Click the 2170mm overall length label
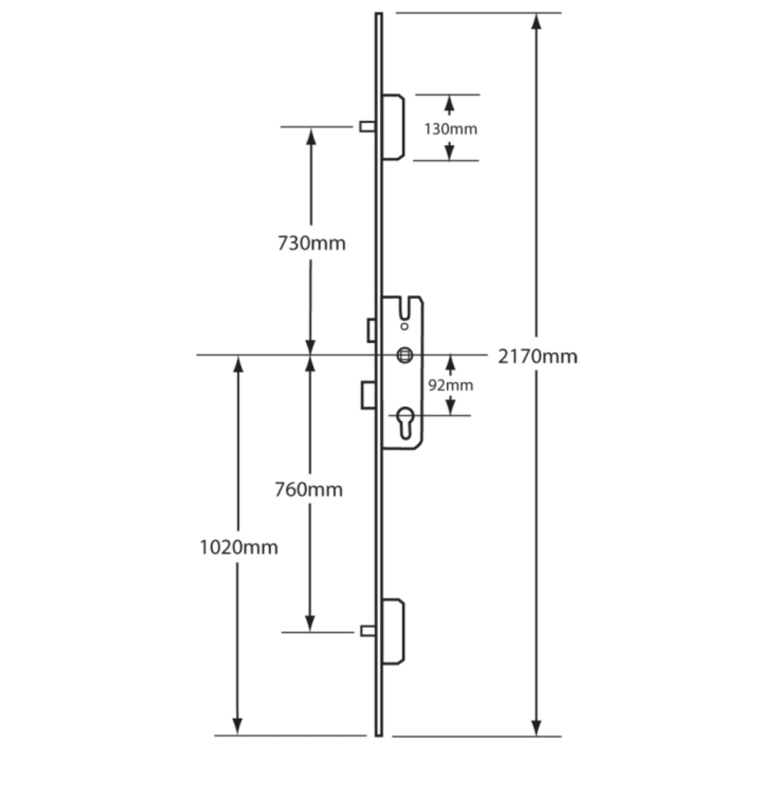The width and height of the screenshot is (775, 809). pos(537,357)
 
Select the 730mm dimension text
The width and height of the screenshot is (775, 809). pos(311,243)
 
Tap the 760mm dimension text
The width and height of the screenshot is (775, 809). pos(309,490)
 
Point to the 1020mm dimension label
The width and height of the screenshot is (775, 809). pos(239,547)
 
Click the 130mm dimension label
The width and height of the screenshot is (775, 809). pos(450,129)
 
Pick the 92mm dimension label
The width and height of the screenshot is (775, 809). pos(451,386)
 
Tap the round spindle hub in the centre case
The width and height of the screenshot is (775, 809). pos(405,355)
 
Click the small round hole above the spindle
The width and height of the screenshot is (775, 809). pos(405,326)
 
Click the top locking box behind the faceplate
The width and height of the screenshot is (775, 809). pos(393,127)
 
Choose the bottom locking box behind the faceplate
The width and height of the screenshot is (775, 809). pos(393,631)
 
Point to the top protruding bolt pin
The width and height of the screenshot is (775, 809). pos(367,126)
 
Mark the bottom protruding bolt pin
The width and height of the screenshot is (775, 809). pos(367,631)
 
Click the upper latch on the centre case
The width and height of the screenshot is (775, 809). pos(371,330)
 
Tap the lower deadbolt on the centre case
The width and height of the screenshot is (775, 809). pos(368,395)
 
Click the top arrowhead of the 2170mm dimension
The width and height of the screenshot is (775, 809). pos(536,22)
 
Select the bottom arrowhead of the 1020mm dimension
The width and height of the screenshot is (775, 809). pos(238,727)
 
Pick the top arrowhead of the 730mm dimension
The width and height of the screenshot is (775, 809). pos(311,136)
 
